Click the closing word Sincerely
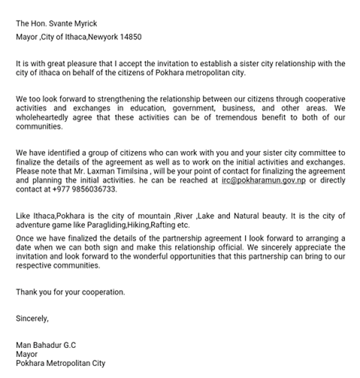[x=32, y=319]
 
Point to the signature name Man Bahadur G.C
[x=46, y=346]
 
